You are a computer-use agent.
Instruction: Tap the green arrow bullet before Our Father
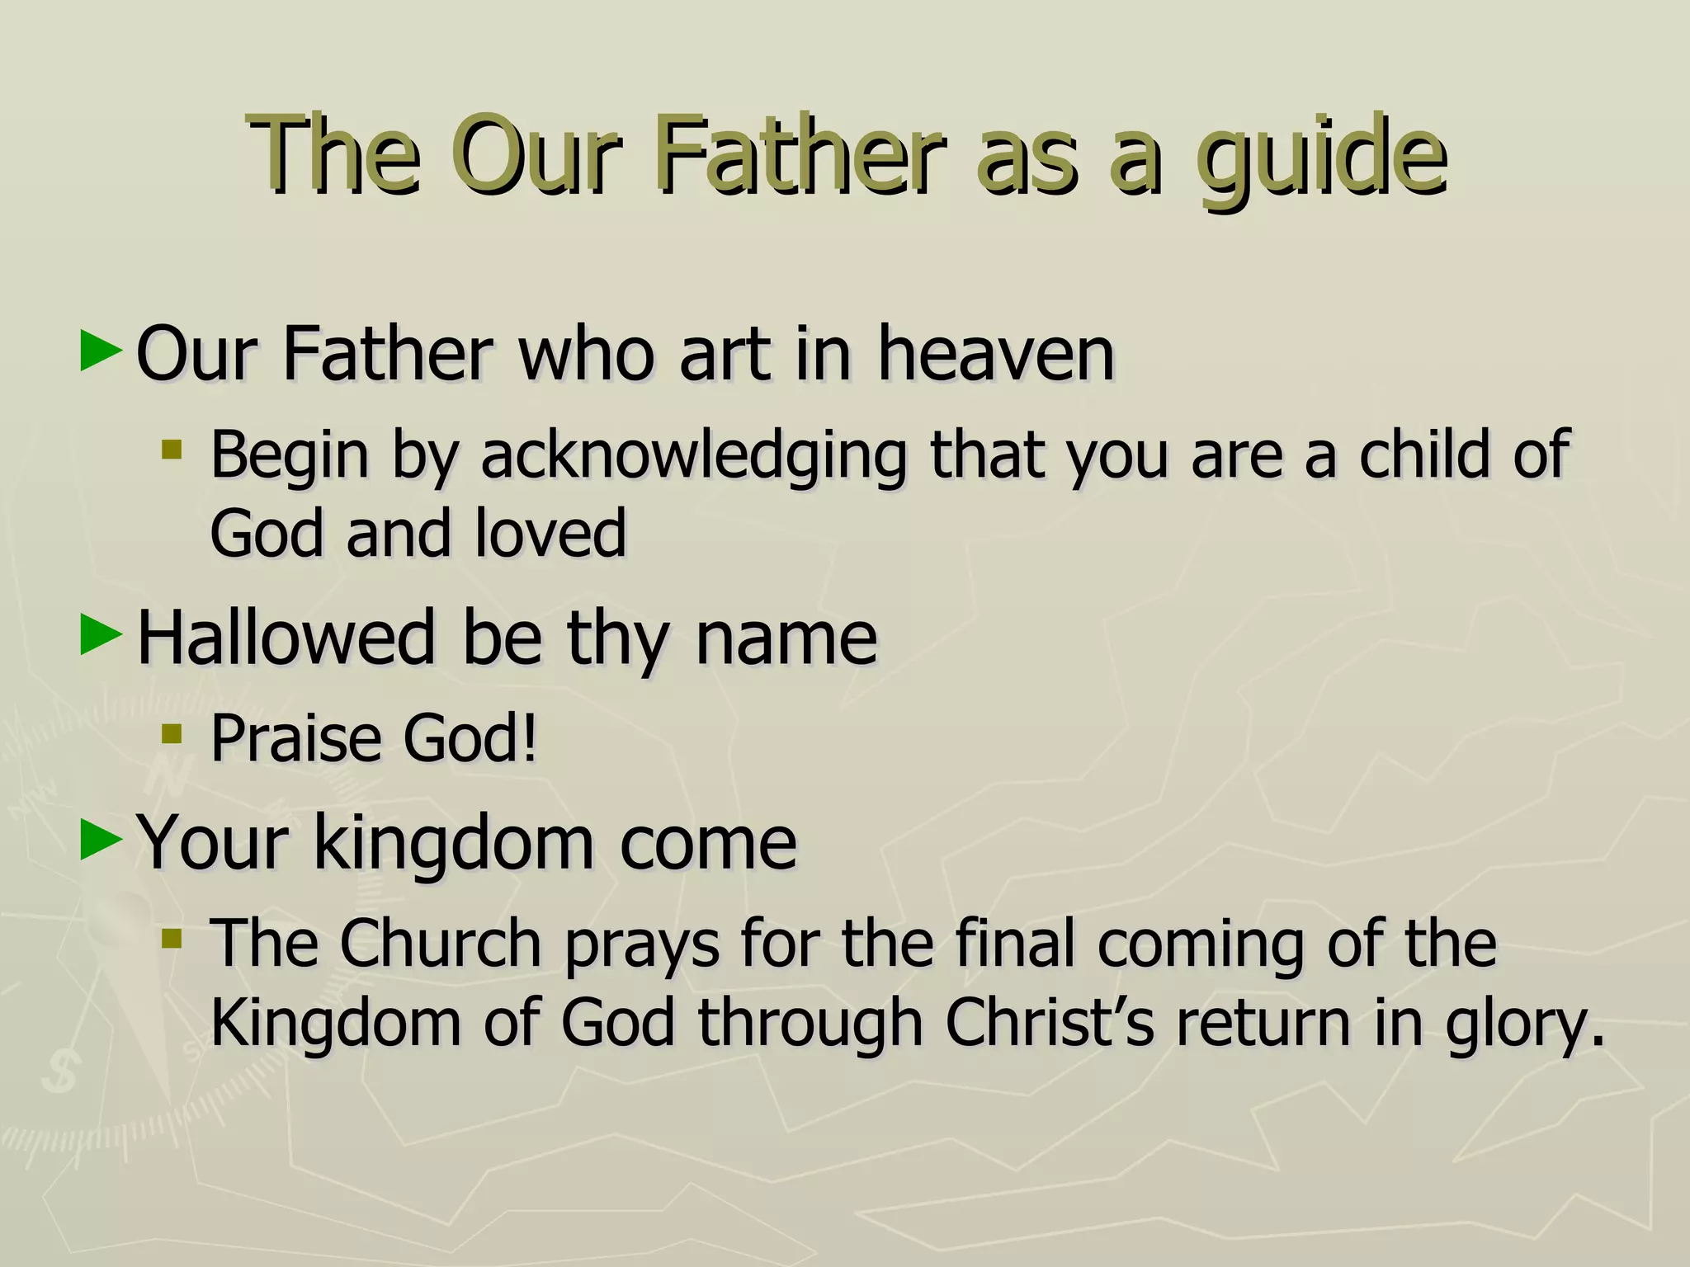pyautogui.click(x=101, y=351)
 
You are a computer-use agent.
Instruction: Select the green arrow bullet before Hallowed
pyautogui.click(x=101, y=635)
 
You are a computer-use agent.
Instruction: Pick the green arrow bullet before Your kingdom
pyautogui.click(x=101, y=841)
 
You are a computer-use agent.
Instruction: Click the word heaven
pyautogui.click(x=995, y=355)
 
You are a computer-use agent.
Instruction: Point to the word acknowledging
pyautogui.click(x=693, y=455)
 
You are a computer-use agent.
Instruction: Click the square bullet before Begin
pyautogui.click(x=172, y=450)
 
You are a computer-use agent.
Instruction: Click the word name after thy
pyautogui.click(x=786, y=639)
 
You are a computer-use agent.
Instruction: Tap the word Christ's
pyautogui.click(x=1049, y=1023)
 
